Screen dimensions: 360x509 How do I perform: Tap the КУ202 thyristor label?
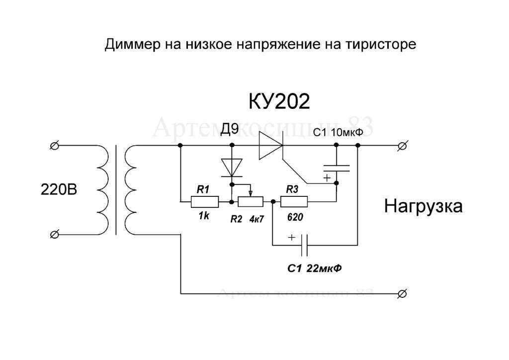point(279,102)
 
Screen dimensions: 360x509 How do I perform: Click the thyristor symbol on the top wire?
point(271,146)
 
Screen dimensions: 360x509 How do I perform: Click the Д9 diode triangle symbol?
point(232,168)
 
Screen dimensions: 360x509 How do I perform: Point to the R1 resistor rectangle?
point(205,202)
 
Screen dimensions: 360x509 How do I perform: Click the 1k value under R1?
point(203,217)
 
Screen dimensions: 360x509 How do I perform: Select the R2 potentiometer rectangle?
point(251,202)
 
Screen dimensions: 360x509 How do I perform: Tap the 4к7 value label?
point(256,219)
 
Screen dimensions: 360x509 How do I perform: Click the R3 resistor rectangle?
point(294,202)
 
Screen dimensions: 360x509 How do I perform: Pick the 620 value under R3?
point(295,217)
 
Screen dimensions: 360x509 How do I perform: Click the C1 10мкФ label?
point(337,133)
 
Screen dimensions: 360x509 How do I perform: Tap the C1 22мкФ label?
point(314,269)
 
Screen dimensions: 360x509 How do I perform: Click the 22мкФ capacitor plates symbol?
point(306,245)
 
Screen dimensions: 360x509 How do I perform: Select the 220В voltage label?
point(59,190)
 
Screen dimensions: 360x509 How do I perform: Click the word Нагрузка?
point(423,206)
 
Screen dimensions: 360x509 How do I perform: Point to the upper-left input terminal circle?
point(55,146)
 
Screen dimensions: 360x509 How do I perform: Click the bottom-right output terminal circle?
point(403,293)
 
